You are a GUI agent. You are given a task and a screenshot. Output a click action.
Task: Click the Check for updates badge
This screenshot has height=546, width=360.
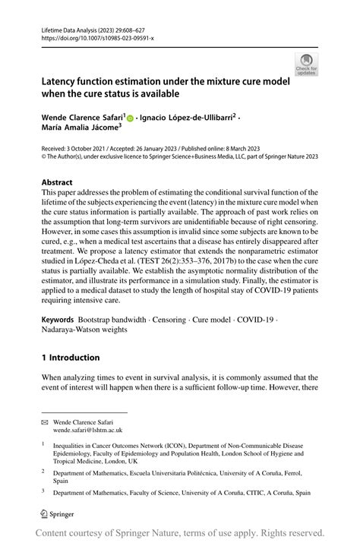click(x=306, y=64)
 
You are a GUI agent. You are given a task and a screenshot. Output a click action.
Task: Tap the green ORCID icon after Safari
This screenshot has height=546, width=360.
click(x=130, y=118)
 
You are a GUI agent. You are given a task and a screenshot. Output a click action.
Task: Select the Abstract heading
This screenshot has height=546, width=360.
click(x=58, y=182)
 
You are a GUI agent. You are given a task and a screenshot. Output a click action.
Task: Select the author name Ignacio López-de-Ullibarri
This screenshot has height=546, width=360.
click(x=188, y=118)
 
